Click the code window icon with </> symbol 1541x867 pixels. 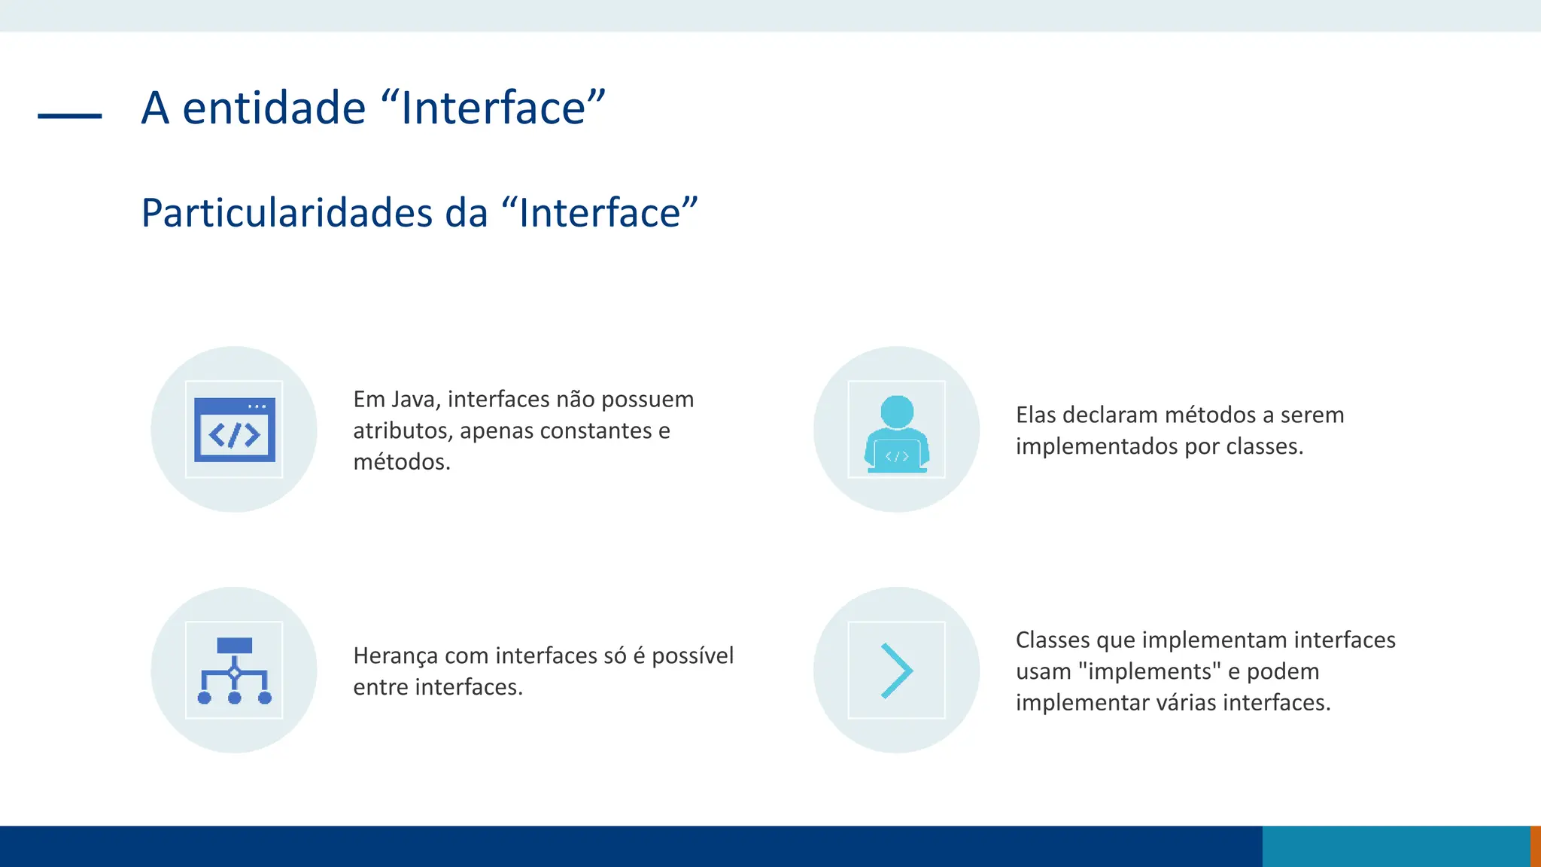point(234,429)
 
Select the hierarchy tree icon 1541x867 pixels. point(234,670)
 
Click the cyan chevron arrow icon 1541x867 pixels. point(896,670)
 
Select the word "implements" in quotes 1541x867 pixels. point(1149,671)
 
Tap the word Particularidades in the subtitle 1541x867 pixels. point(287,213)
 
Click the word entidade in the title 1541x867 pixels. point(274,108)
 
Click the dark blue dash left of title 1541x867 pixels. point(69,115)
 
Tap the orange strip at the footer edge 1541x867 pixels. point(1535,846)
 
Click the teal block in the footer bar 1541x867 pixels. point(1396,846)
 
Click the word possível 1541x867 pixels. point(692,656)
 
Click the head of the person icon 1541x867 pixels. point(897,412)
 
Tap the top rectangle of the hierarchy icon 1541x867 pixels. point(234,646)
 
